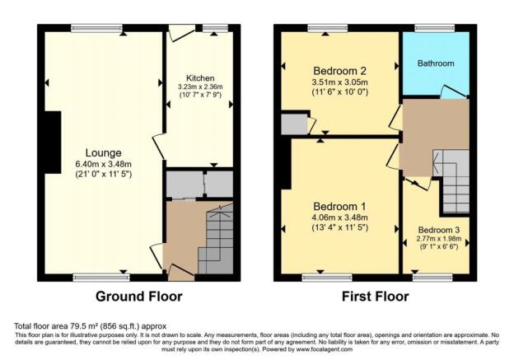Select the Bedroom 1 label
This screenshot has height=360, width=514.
(x=339, y=205)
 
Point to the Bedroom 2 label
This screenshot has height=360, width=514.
(x=340, y=70)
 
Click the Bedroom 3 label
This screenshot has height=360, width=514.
(x=435, y=230)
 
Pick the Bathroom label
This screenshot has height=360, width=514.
(x=434, y=63)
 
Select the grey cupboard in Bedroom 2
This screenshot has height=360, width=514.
(x=292, y=124)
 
